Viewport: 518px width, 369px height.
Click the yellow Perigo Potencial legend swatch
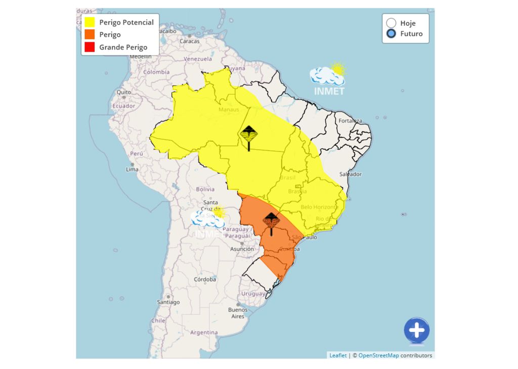pos(90,22)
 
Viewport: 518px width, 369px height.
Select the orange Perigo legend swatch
pos(90,35)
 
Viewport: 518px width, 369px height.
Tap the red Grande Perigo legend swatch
pos(90,47)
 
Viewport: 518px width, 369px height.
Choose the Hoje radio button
pos(391,23)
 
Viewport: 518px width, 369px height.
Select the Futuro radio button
pos(391,34)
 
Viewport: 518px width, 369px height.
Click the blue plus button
pos(416,331)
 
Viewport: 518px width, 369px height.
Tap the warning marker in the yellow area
pos(248,135)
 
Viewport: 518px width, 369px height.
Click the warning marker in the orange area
pos(271,221)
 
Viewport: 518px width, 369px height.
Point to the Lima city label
pos(132,169)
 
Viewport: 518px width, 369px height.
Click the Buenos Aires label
pos(238,313)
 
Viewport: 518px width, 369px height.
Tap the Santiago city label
pos(168,302)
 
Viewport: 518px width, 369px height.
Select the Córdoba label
pos(205,279)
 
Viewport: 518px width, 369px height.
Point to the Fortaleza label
pos(350,121)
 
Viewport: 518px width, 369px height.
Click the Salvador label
pos(351,174)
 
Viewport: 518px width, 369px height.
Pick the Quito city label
pos(124,93)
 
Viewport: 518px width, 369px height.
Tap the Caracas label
pos(190,41)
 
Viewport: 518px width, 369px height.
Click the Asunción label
pos(242,249)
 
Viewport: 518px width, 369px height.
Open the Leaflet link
pos(338,355)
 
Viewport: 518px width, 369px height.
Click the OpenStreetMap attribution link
pos(378,355)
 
